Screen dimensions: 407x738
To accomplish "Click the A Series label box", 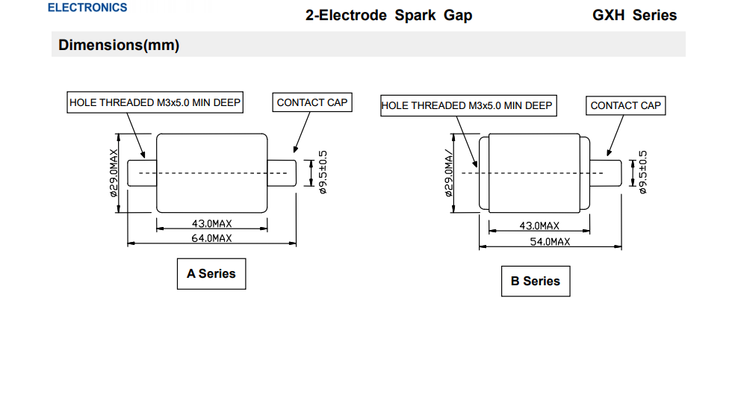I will [211, 274].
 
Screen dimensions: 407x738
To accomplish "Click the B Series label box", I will [535, 282].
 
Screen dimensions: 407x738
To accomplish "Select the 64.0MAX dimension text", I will [212, 238].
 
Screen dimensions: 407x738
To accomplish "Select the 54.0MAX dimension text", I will [550, 242].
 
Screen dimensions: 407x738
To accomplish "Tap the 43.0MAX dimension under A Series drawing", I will [212, 223].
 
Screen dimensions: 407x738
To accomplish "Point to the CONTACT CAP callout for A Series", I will [312, 103].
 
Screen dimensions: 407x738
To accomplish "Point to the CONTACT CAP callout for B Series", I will [625, 106].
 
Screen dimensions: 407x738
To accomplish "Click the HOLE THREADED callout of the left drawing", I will [155, 103].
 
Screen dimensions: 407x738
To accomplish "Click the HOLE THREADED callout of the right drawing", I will [467, 106].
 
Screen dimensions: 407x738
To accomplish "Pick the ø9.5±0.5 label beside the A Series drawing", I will [323, 173].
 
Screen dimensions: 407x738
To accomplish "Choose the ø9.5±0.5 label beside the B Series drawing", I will [643, 173].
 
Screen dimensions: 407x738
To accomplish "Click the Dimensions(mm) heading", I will [120, 46].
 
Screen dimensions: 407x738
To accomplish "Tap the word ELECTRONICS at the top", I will [87, 7].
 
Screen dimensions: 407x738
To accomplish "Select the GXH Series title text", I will [635, 15].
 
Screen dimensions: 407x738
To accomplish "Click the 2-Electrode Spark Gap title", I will [388, 15].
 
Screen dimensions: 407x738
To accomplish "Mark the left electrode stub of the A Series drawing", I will [142, 173].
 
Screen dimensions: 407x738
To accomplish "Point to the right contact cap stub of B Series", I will [606, 173].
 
